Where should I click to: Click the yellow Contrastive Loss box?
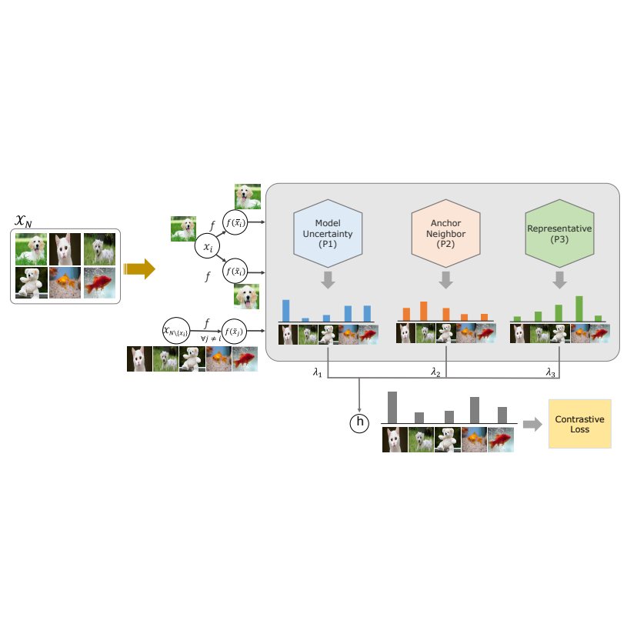coord(579,424)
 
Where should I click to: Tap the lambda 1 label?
coord(317,372)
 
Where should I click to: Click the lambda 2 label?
coord(435,372)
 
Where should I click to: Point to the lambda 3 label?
coord(550,372)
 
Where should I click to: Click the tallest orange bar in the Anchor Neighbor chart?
coord(424,311)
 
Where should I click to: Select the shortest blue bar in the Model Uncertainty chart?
coord(305,319)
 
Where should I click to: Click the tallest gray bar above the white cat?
coord(392,408)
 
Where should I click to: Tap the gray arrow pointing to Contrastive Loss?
coord(531,424)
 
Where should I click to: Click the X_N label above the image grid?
coord(25,222)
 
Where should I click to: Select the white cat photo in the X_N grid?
coord(65,249)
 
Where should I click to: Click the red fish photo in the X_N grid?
coord(99,282)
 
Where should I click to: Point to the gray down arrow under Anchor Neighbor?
coord(445,281)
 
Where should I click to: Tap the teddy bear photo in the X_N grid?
coord(32,282)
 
